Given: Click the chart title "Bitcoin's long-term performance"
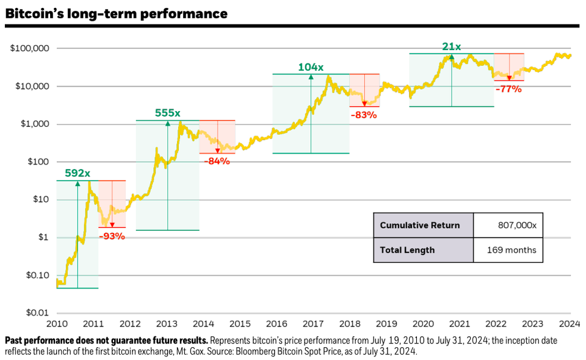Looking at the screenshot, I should [x=116, y=13].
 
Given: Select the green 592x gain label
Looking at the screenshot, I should [x=78, y=173].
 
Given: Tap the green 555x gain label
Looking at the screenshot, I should [x=167, y=113].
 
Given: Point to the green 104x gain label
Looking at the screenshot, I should [x=311, y=67].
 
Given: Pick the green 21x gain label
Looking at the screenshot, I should [x=452, y=46].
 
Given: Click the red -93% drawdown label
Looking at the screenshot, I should [x=112, y=236].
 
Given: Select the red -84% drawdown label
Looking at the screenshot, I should [x=217, y=161].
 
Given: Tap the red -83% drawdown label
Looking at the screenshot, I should [x=364, y=115].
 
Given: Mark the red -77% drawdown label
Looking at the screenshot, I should [x=508, y=89].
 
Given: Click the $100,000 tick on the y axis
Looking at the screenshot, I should [x=29, y=48].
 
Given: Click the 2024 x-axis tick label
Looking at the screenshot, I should [x=570, y=323].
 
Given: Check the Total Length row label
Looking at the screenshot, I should [x=407, y=250].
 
